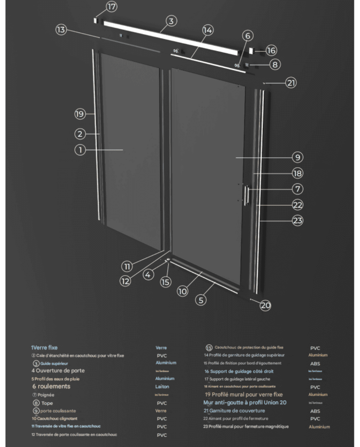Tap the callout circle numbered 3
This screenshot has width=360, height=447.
pyautogui.click(x=172, y=22)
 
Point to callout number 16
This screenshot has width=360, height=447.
pyautogui.click(x=272, y=50)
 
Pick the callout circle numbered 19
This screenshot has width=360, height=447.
pyautogui.click(x=79, y=114)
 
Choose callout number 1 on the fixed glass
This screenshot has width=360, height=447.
pyautogui.click(x=79, y=150)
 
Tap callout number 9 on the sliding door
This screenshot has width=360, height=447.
pyautogui.click(x=298, y=157)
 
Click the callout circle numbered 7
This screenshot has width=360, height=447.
pyautogui.click(x=298, y=189)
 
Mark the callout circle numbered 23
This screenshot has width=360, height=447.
pyautogui.click(x=298, y=221)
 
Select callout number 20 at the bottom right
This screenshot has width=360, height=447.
pyautogui.click(x=265, y=305)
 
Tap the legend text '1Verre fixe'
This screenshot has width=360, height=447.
pyautogui.click(x=44, y=348)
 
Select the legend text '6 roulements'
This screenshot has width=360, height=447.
pyautogui.click(x=51, y=386)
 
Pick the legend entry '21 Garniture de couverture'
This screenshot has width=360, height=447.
pyautogui.click(x=235, y=410)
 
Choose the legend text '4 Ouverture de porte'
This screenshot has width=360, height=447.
pyautogui.click(x=58, y=370)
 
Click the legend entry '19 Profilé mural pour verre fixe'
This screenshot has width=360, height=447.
pyautogui.click(x=244, y=394)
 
